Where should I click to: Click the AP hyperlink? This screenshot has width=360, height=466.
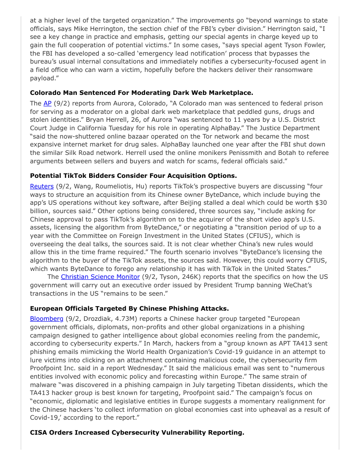(x=48, y=103)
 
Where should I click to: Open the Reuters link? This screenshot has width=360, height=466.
(x=41, y=186)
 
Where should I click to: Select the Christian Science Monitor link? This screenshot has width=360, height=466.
(x=99, y=277)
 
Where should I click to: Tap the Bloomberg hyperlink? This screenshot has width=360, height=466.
(x=47, y=318)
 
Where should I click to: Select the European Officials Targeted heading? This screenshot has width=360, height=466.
(x=129, y=308)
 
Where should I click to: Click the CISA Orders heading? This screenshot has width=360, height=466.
(x=137, y=432)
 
